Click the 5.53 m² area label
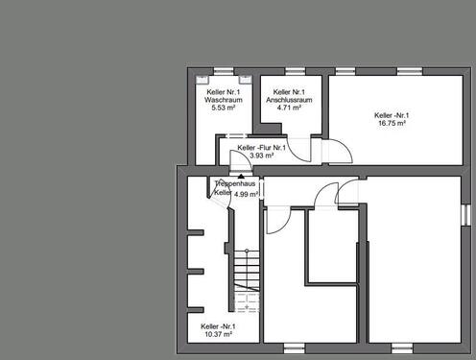(x=224, y=108)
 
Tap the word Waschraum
(x=224, y=100)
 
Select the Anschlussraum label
(x=289, y=100)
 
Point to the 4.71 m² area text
(x=289, y=108)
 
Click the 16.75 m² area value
(x=392, y=123)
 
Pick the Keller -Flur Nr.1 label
(x=261, y=148)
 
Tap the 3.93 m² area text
(x=261, y=156)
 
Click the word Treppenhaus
(x=235, y=183)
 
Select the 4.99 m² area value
(x=246, y=194)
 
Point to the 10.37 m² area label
(x=218, y=334)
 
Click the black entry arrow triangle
(x=241, y=176)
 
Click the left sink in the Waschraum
(x=202, y=79)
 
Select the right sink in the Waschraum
(x=246, y=79)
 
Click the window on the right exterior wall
(x=466, y=215)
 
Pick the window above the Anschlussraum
(x=296, y=71)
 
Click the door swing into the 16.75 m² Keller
(x=341, y=152)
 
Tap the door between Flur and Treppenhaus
(x=241, y=158)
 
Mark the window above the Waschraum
(x=224, y=71)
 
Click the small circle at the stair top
(x=247, y=251)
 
